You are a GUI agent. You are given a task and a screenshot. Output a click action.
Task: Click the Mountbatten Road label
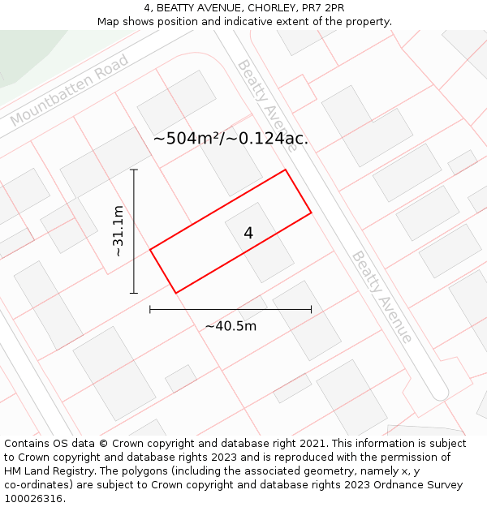tap(70, 91)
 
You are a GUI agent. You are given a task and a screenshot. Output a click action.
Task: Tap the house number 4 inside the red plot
tap(248, 233)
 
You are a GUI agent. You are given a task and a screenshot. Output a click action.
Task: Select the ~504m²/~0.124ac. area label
tap(231, 139)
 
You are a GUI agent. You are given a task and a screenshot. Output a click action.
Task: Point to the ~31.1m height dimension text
tap(119, 231)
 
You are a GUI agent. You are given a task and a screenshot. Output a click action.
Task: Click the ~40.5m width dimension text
tap(231, 326)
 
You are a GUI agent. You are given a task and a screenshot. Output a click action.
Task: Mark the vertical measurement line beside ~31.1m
tap(134, 231)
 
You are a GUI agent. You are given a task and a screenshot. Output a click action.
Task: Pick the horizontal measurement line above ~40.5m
tap(231, 309)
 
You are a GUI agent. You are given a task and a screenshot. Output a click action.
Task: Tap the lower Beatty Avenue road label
tap(381, 297)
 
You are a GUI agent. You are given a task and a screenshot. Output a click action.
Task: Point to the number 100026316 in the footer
tap(32, 498)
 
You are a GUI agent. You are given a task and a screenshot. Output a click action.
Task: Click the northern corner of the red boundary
tap(285, 170)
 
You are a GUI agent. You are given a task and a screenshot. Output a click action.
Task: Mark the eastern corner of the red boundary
tap(312, 213)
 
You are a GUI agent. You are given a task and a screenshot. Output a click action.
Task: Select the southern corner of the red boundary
tap(176, 292)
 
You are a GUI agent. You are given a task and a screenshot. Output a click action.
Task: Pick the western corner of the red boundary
tap(150, 249)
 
